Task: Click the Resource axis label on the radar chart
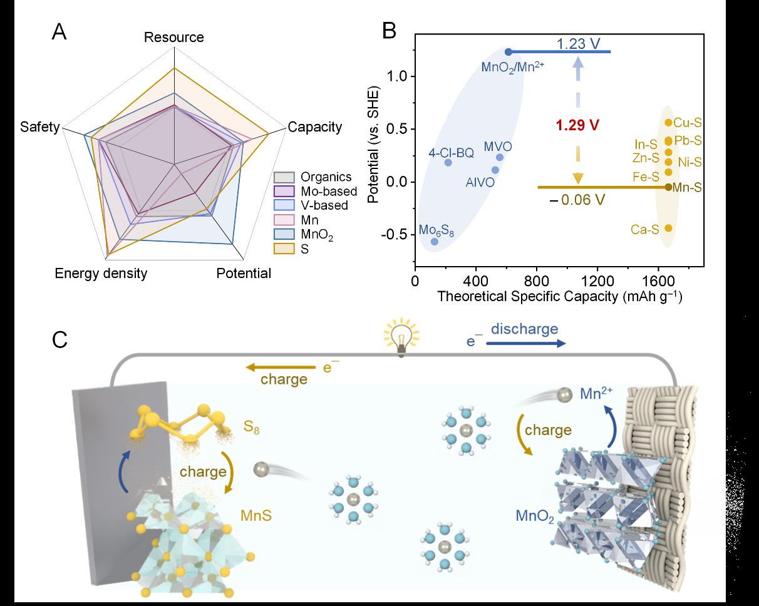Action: coord(173,38)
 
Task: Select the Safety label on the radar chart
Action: coord(39,127)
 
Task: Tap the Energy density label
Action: coord(101,274)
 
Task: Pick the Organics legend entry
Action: coord(314,177)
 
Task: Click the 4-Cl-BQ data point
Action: coord(448,163)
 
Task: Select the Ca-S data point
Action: coord(668,229)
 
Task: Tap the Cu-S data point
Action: coord(668,123)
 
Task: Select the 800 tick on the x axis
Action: coord(537,279)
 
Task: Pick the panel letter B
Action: coord(389,30)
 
